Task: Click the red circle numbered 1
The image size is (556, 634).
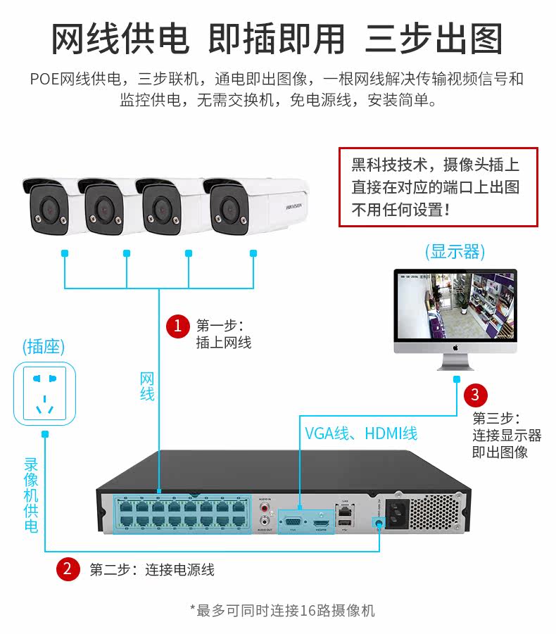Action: pyautogui.click(x=177, y=325)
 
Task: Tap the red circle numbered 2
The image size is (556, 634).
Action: pyautogui.click(x=67, y=569)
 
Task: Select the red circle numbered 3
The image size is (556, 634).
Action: pyautogui.click(x=476, y=395)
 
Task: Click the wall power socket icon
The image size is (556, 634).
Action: pyautogui.click(x=45, y=393)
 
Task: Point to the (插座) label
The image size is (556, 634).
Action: pyautogui.click(x=44, y=346)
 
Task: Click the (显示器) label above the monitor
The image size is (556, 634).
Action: pyautogui.click(x=455, y=252)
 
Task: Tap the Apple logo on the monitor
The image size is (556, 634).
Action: pyautogui.click(x=455, y=347)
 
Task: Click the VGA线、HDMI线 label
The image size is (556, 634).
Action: pyautogui.click(x=361, y=433)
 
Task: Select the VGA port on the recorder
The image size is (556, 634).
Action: pyautogui.click(x=293, y=521)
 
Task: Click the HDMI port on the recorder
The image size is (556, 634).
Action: pyautogui.click(x=322, y=522)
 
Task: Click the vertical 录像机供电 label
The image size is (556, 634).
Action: pyautogui.click(x=31, y=495)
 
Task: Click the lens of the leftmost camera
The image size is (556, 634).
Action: pyautogui.click(x=49, y=209)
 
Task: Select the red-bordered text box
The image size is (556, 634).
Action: pyautogui.click(x=438, y=186)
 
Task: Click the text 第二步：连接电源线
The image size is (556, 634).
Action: pyautogui.click(x=151, y=569)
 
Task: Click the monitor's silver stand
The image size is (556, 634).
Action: pyautogui.click(x=455, y=363)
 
